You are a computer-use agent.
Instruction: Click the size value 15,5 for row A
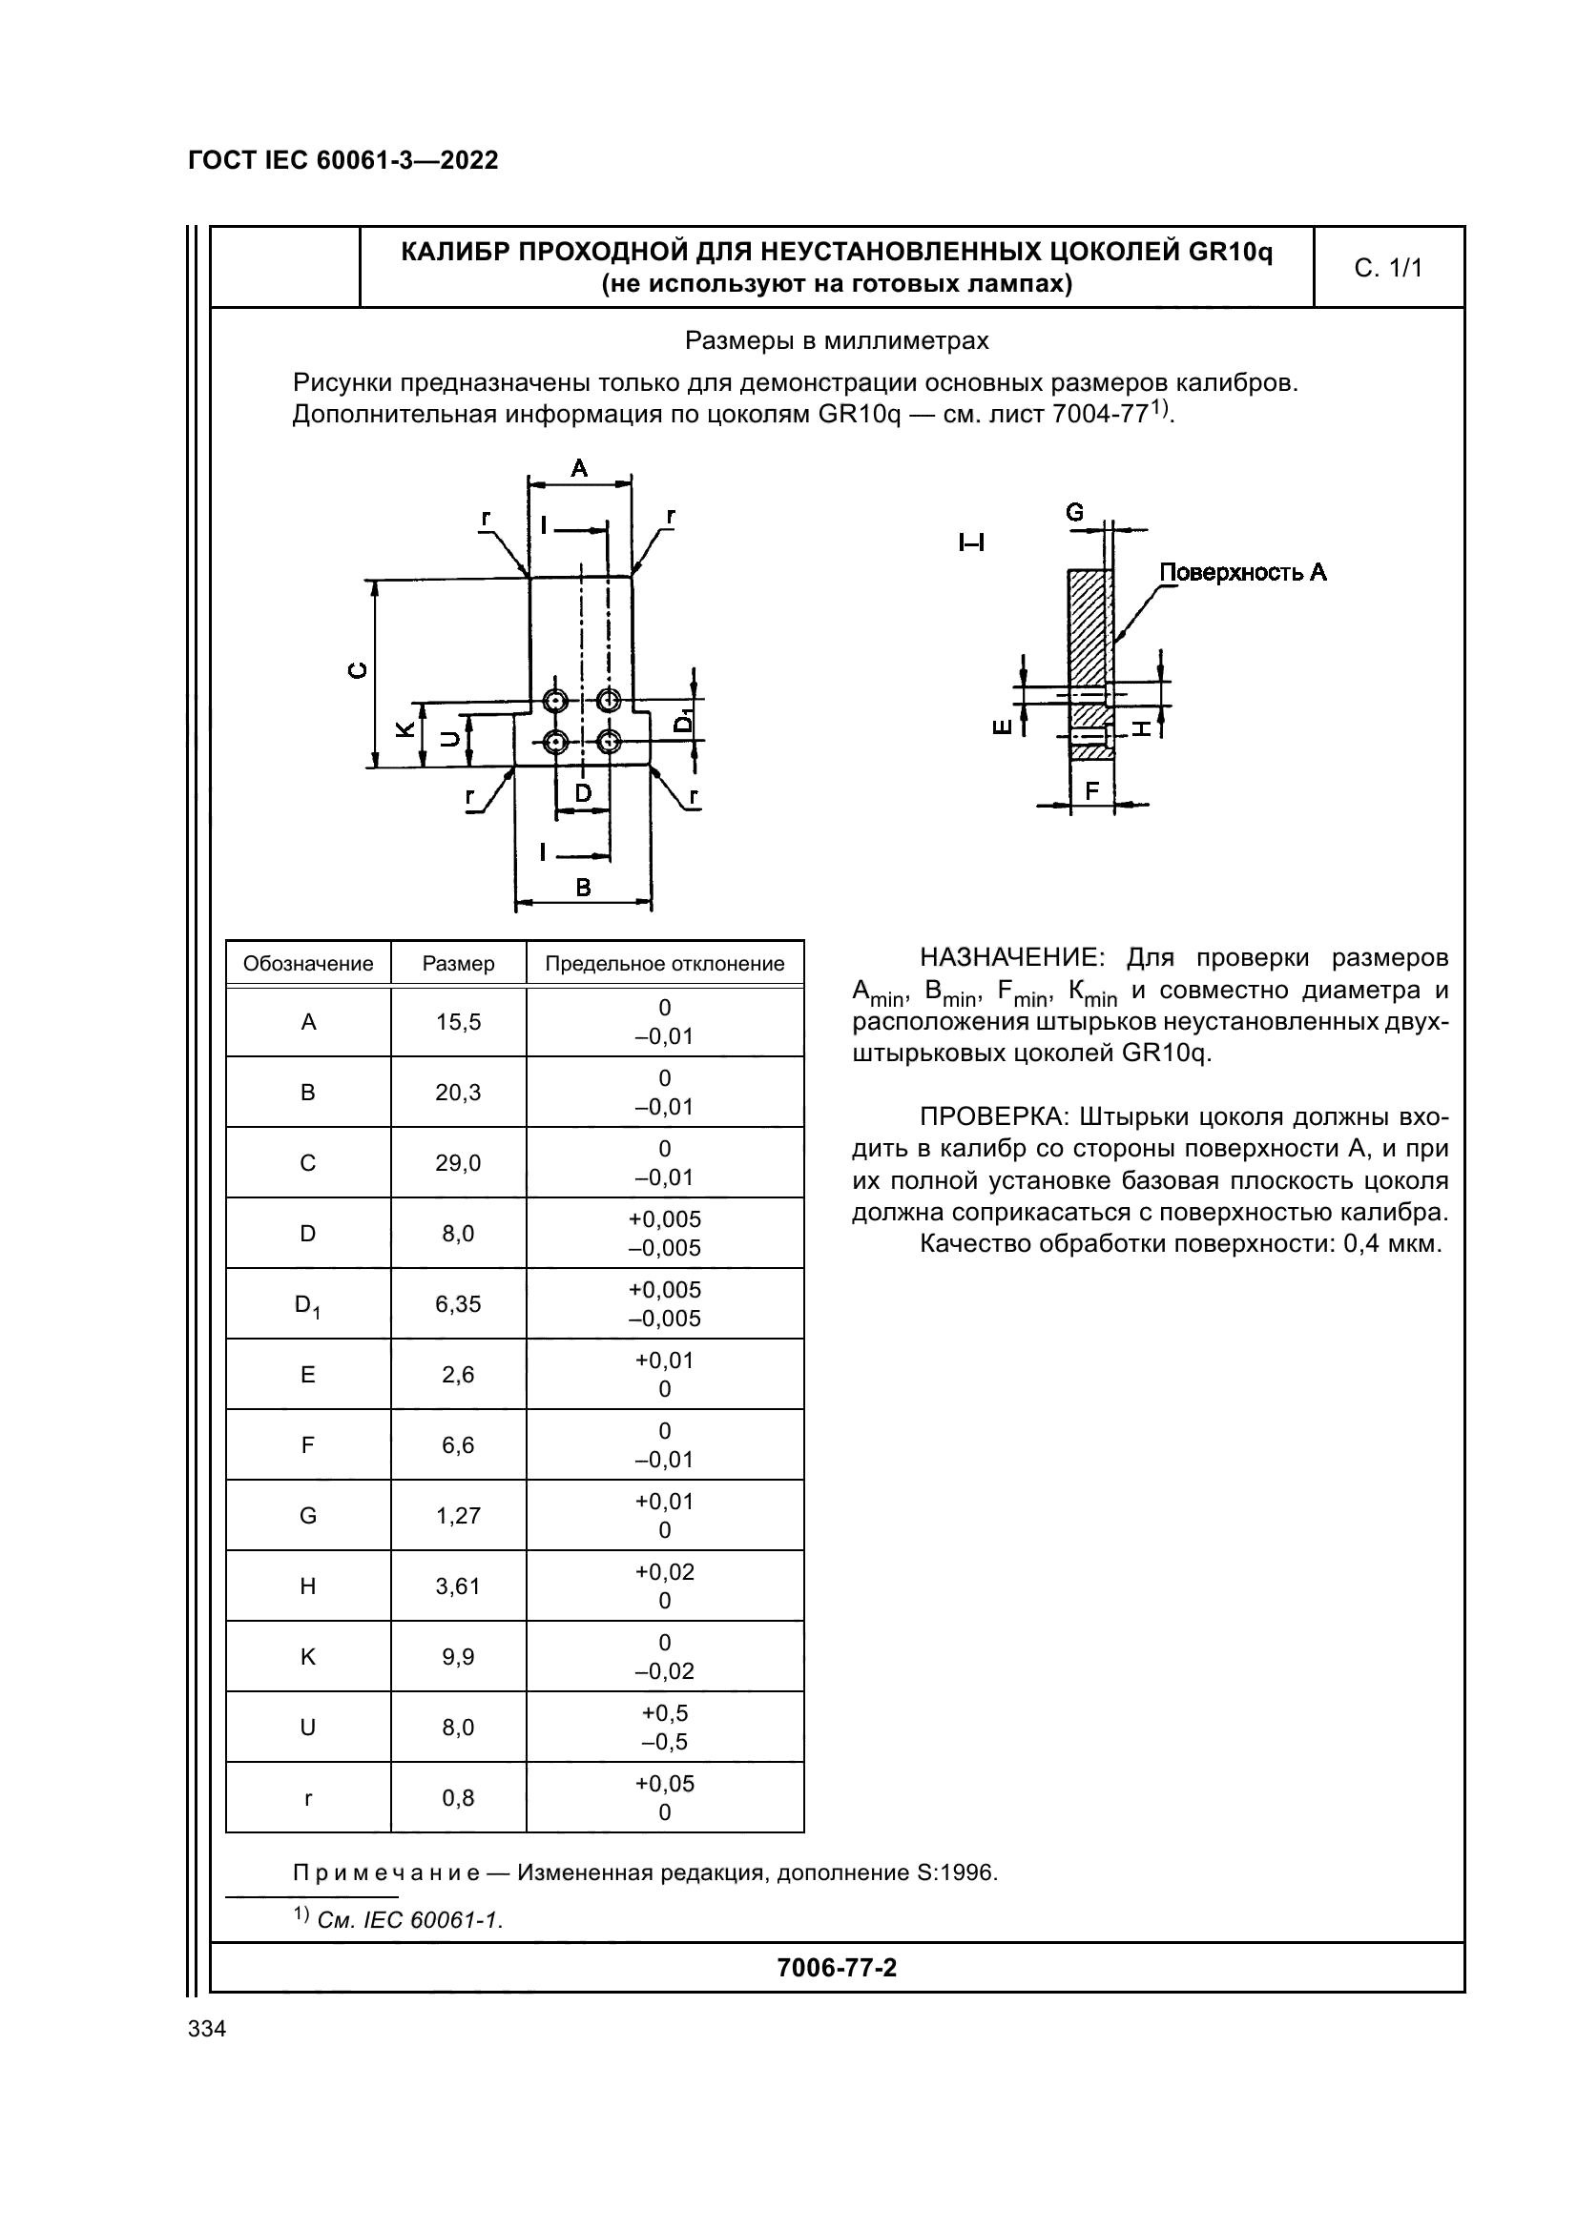click(x=458, y=1022)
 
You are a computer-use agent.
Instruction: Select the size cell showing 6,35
click(x=458, y=1303)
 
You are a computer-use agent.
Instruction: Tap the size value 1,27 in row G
click(x=458, y=1515)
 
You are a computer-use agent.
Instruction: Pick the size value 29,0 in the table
click(x=458, y=1162)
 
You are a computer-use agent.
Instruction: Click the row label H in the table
click(x=308, y=1586)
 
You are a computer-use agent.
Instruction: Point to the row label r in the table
click(x=308, y=1798)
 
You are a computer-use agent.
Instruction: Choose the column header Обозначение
click(x=308, y=964)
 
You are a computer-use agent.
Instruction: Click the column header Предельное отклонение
click(x=665, y=964)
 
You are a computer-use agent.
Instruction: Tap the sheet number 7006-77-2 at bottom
click(x=837, y=1968)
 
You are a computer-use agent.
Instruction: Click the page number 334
click(x=207, y=2029)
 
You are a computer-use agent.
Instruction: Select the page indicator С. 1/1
click(x=1387, y=268)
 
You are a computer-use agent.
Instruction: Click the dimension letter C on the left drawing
click(x=359, y=670)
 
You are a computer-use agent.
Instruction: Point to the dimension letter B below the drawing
click(x=583, y=887)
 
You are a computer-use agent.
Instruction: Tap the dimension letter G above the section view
click(x=1074, y=512)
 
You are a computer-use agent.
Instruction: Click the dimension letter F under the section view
click(x=1091, y=791)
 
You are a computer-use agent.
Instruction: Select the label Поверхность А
click(x=1243, y=572)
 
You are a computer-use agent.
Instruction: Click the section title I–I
click(x=970, y=542)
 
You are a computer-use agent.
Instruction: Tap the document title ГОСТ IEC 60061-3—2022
click(x=343, y=161)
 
